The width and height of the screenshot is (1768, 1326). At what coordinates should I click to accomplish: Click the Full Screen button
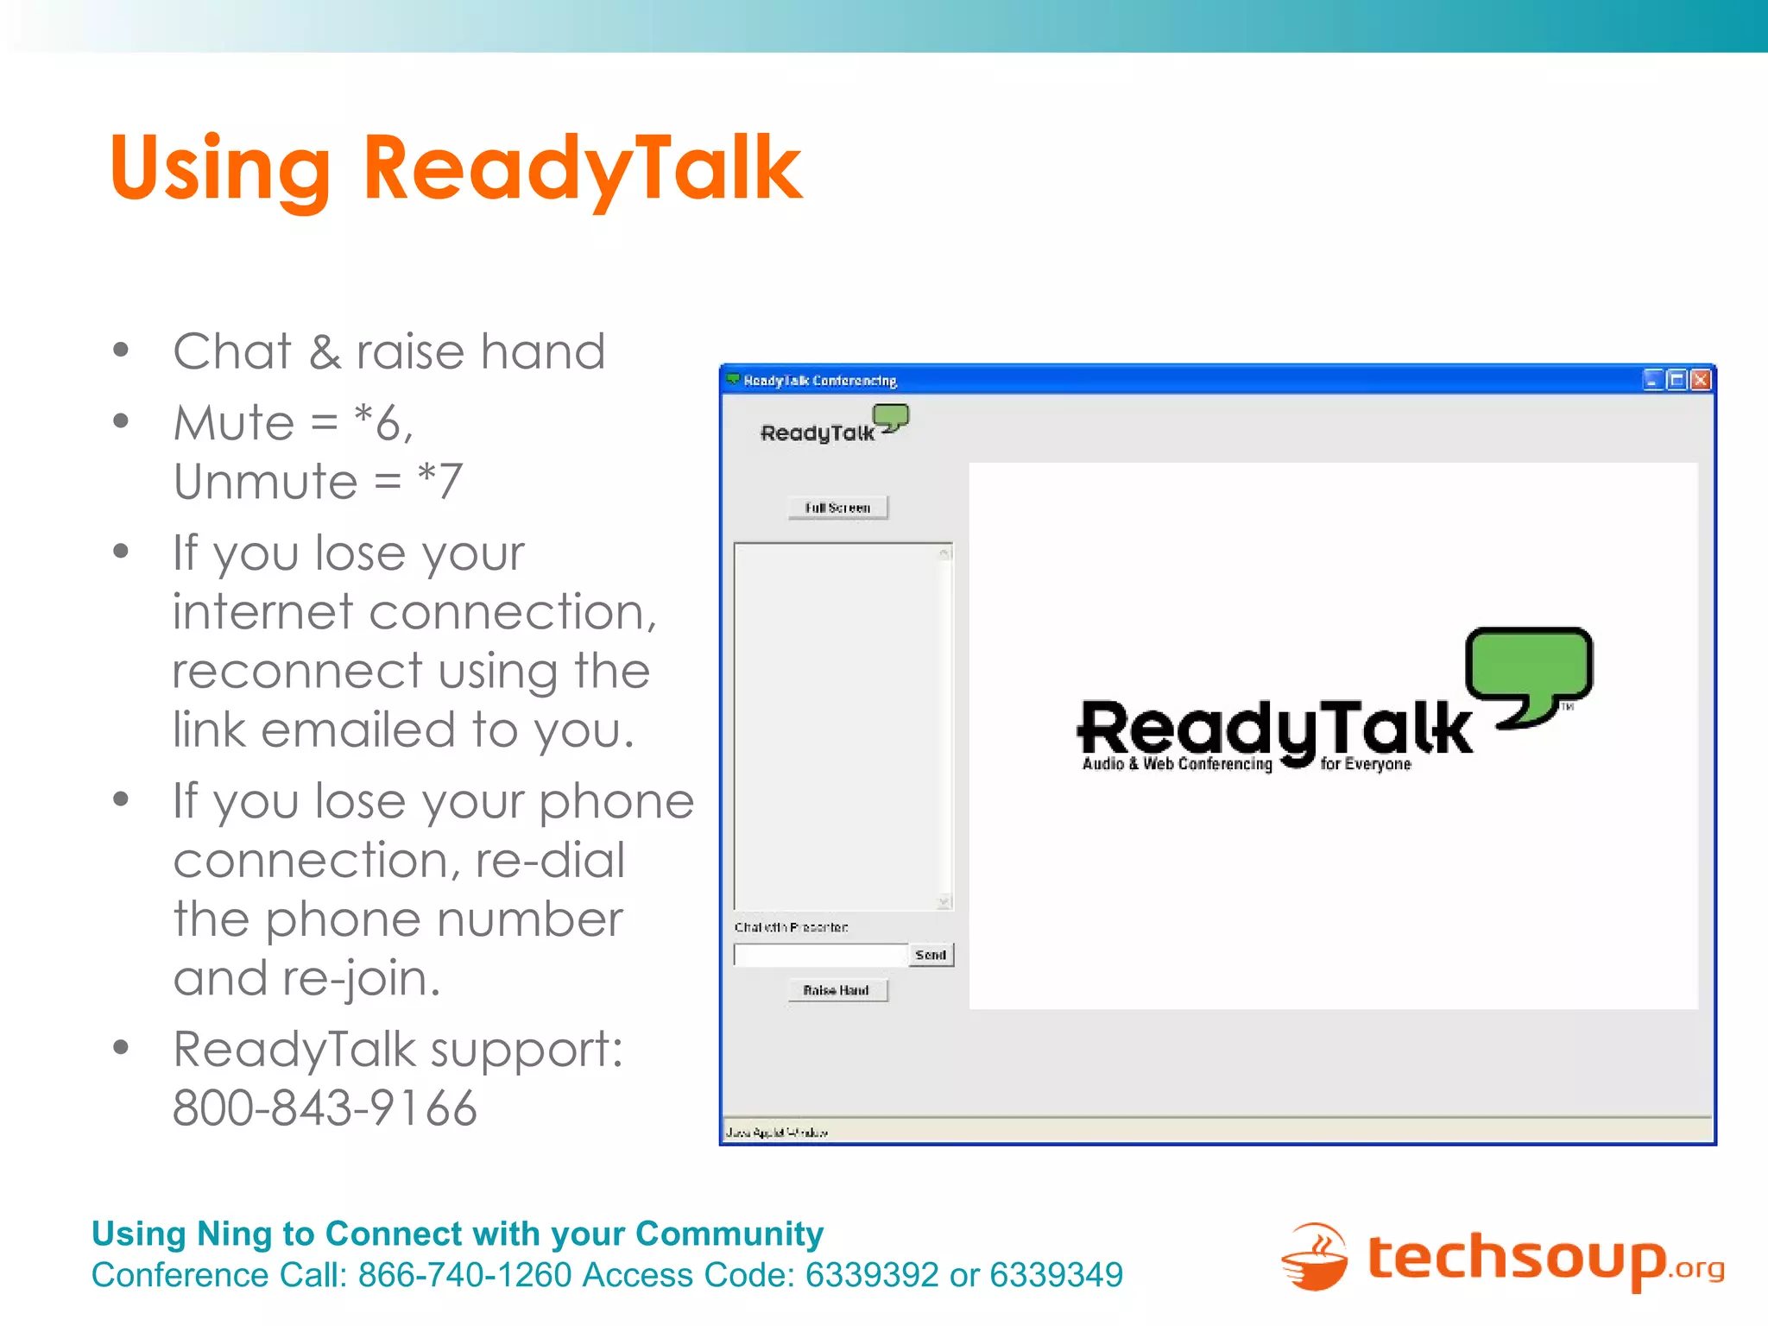(x=837, y=508)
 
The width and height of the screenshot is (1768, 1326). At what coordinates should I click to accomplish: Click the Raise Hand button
(x=837, y=990)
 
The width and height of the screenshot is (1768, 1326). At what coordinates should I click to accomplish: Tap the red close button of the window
(x=1700, y=380)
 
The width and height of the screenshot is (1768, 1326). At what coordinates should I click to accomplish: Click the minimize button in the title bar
(x=1653, y=380)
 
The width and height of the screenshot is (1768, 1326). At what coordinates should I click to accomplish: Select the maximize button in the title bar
(x=1676, y=380)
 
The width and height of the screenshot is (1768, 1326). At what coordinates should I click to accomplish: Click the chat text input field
(x=820, y=955)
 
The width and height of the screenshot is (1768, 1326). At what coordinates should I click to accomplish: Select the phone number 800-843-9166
(x=325, y=1108)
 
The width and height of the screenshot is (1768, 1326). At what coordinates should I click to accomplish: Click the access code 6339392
(x=871, y=1275)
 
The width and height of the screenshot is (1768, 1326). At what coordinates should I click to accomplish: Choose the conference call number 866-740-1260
(x=464, y=1275)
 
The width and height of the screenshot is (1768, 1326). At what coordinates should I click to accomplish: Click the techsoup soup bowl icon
(x=1314, y=1258)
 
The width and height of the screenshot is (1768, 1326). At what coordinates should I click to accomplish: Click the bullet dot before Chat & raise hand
(x=121, y=350)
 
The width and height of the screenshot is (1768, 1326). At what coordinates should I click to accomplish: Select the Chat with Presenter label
(x=791, y=927)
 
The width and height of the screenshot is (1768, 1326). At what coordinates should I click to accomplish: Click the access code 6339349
(x=1056, y=1275)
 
